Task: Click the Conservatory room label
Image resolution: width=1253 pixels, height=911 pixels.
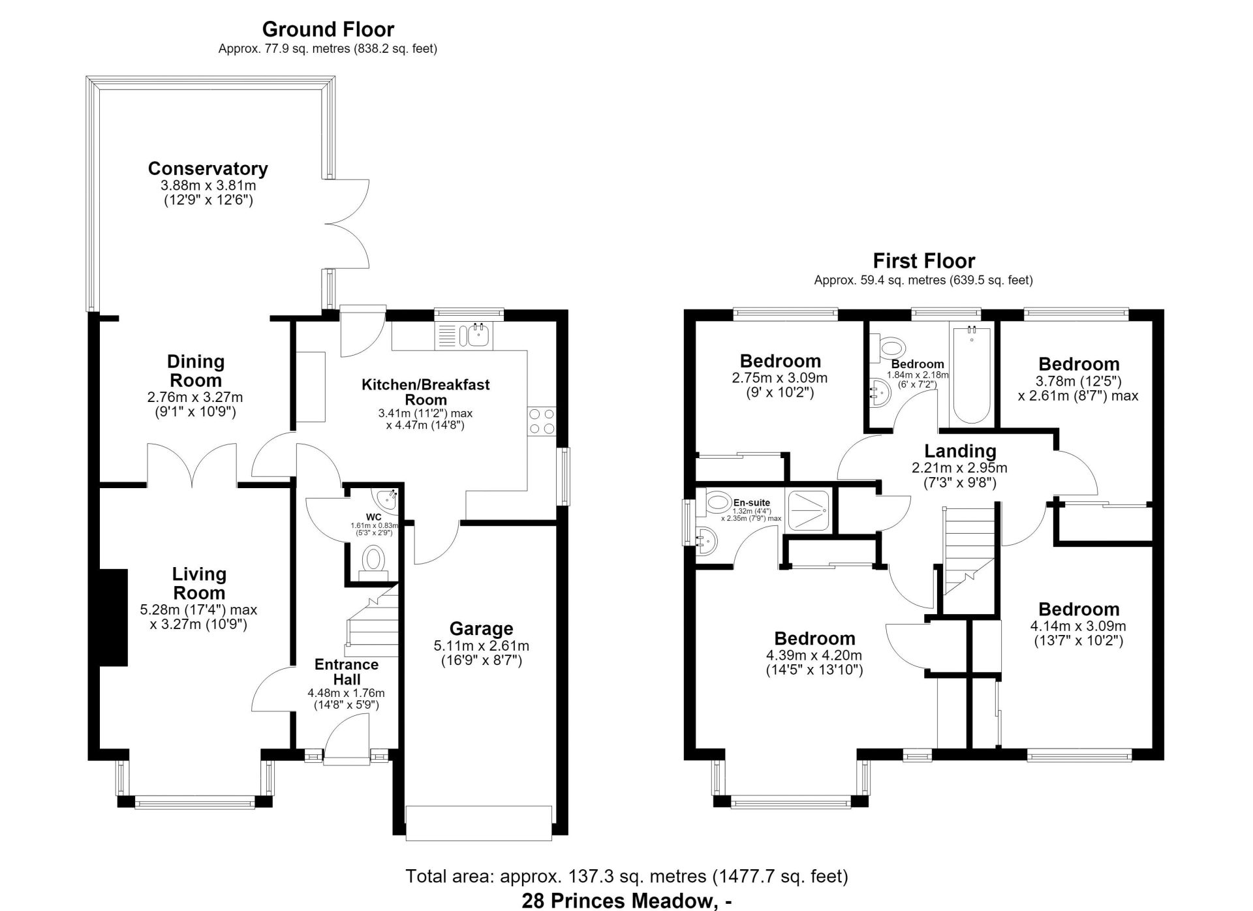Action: (x=208, y=168)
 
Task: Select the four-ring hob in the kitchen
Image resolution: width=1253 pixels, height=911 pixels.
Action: (x=541, y=421)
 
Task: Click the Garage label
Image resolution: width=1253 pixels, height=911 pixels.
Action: (x=481, y=629)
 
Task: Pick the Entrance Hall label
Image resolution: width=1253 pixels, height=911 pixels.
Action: (x=346, y=672)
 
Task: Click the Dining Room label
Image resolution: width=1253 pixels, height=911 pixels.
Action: (x=195, y=370)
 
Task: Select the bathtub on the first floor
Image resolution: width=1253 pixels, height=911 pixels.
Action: (x=972, y=375)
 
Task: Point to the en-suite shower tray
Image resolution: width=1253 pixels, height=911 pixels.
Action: (x=809, y=510)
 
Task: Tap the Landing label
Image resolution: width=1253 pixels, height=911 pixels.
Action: (x=960, y=451)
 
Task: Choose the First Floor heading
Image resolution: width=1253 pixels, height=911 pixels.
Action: (x=923, y=261)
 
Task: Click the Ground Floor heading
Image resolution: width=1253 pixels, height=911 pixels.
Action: (x=328, y=29)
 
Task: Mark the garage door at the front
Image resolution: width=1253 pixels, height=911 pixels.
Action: (x=479, y=822)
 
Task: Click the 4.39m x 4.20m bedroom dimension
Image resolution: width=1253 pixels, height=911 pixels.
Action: (x=814, y=655)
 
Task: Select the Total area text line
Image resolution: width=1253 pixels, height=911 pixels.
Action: (x=626, y=876)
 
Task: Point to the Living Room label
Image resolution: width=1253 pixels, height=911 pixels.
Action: (x=199, y=583)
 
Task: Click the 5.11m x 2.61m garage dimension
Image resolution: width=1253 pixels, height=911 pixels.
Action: (x=481, y=646)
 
